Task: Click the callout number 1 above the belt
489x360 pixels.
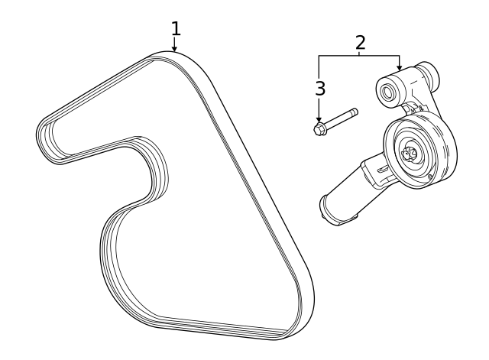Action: [x=176, y=29]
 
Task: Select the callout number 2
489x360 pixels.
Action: [x=360, y=43]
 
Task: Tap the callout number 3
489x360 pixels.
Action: [x=320, y=89]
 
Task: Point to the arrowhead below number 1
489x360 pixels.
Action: [x=175, y=48]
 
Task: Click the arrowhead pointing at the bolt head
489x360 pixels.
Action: [x=319, y=119]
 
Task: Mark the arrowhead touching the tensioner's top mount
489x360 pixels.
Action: [x=399, y=67]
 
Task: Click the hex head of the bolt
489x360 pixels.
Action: [x=319, y=129]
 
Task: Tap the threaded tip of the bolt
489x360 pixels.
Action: [x=355, y=112]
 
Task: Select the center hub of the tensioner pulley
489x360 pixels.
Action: [x=410, y=154]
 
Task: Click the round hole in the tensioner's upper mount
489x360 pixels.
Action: [x=388, y=92]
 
